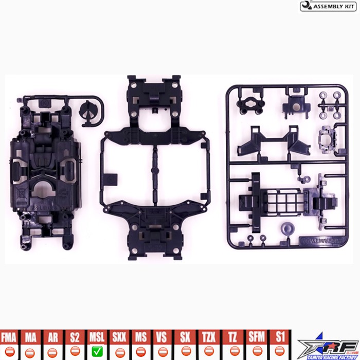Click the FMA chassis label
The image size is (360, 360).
(9, 338)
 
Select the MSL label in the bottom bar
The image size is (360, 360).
(97, 338)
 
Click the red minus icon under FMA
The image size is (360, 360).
(9, 352)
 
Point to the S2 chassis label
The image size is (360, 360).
(75, 338)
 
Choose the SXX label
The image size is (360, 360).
(119, 338)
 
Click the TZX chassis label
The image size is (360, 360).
(208, 338)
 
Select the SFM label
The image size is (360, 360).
(256, 338)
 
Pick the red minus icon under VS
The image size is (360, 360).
(163, 352)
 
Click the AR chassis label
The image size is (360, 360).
(52, 338)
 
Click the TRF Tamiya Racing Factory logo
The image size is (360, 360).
(328, 345)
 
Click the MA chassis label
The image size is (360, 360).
(31, 338)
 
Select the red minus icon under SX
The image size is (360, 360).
(185, 352)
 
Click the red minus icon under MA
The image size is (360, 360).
(31, 352)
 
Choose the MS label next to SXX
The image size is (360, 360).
(140, 338)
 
